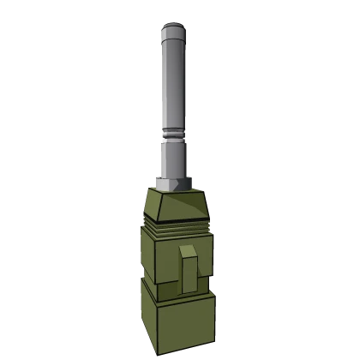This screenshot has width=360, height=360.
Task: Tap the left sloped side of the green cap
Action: tap(149, 206)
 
